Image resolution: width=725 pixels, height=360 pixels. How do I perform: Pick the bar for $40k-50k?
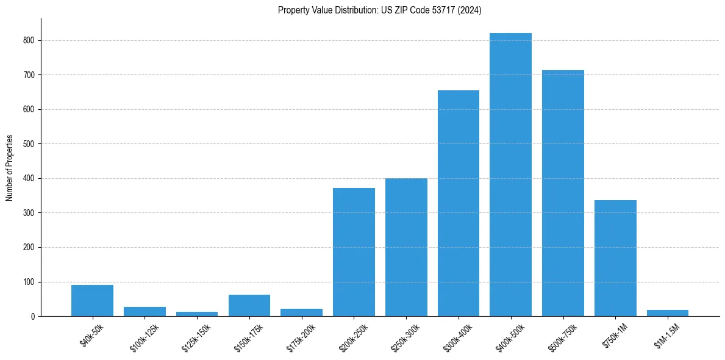click(x=92, y=301)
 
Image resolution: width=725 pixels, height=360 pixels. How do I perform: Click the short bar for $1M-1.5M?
click(x=668, y=313)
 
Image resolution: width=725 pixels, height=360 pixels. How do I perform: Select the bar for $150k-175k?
click(x=249, y=306)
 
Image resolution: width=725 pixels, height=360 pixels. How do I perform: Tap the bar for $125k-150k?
click(x=197, y=314)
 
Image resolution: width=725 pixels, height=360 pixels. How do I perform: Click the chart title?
click(x=380, y=10)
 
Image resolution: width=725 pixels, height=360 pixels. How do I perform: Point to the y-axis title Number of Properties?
click(x=10, y=168)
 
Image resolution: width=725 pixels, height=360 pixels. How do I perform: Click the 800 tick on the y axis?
click(x=29, y=40)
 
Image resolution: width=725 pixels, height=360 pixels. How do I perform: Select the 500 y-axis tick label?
click(x=29, y=144)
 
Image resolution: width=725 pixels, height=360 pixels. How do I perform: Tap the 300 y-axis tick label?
click(x=29, y=213)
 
